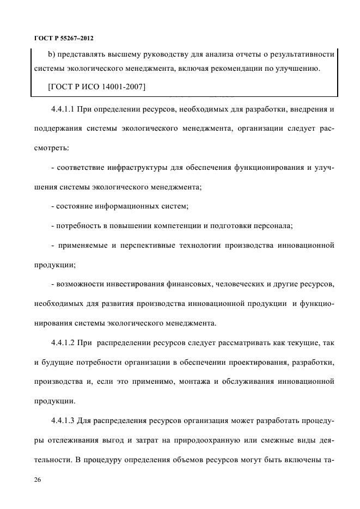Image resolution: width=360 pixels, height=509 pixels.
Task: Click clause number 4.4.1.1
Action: [62, 110]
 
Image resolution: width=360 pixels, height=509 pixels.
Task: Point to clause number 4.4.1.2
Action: [63, 344]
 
